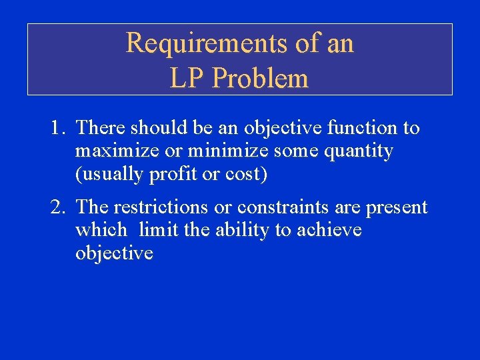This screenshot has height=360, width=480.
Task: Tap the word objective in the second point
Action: (x=114, y=254)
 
